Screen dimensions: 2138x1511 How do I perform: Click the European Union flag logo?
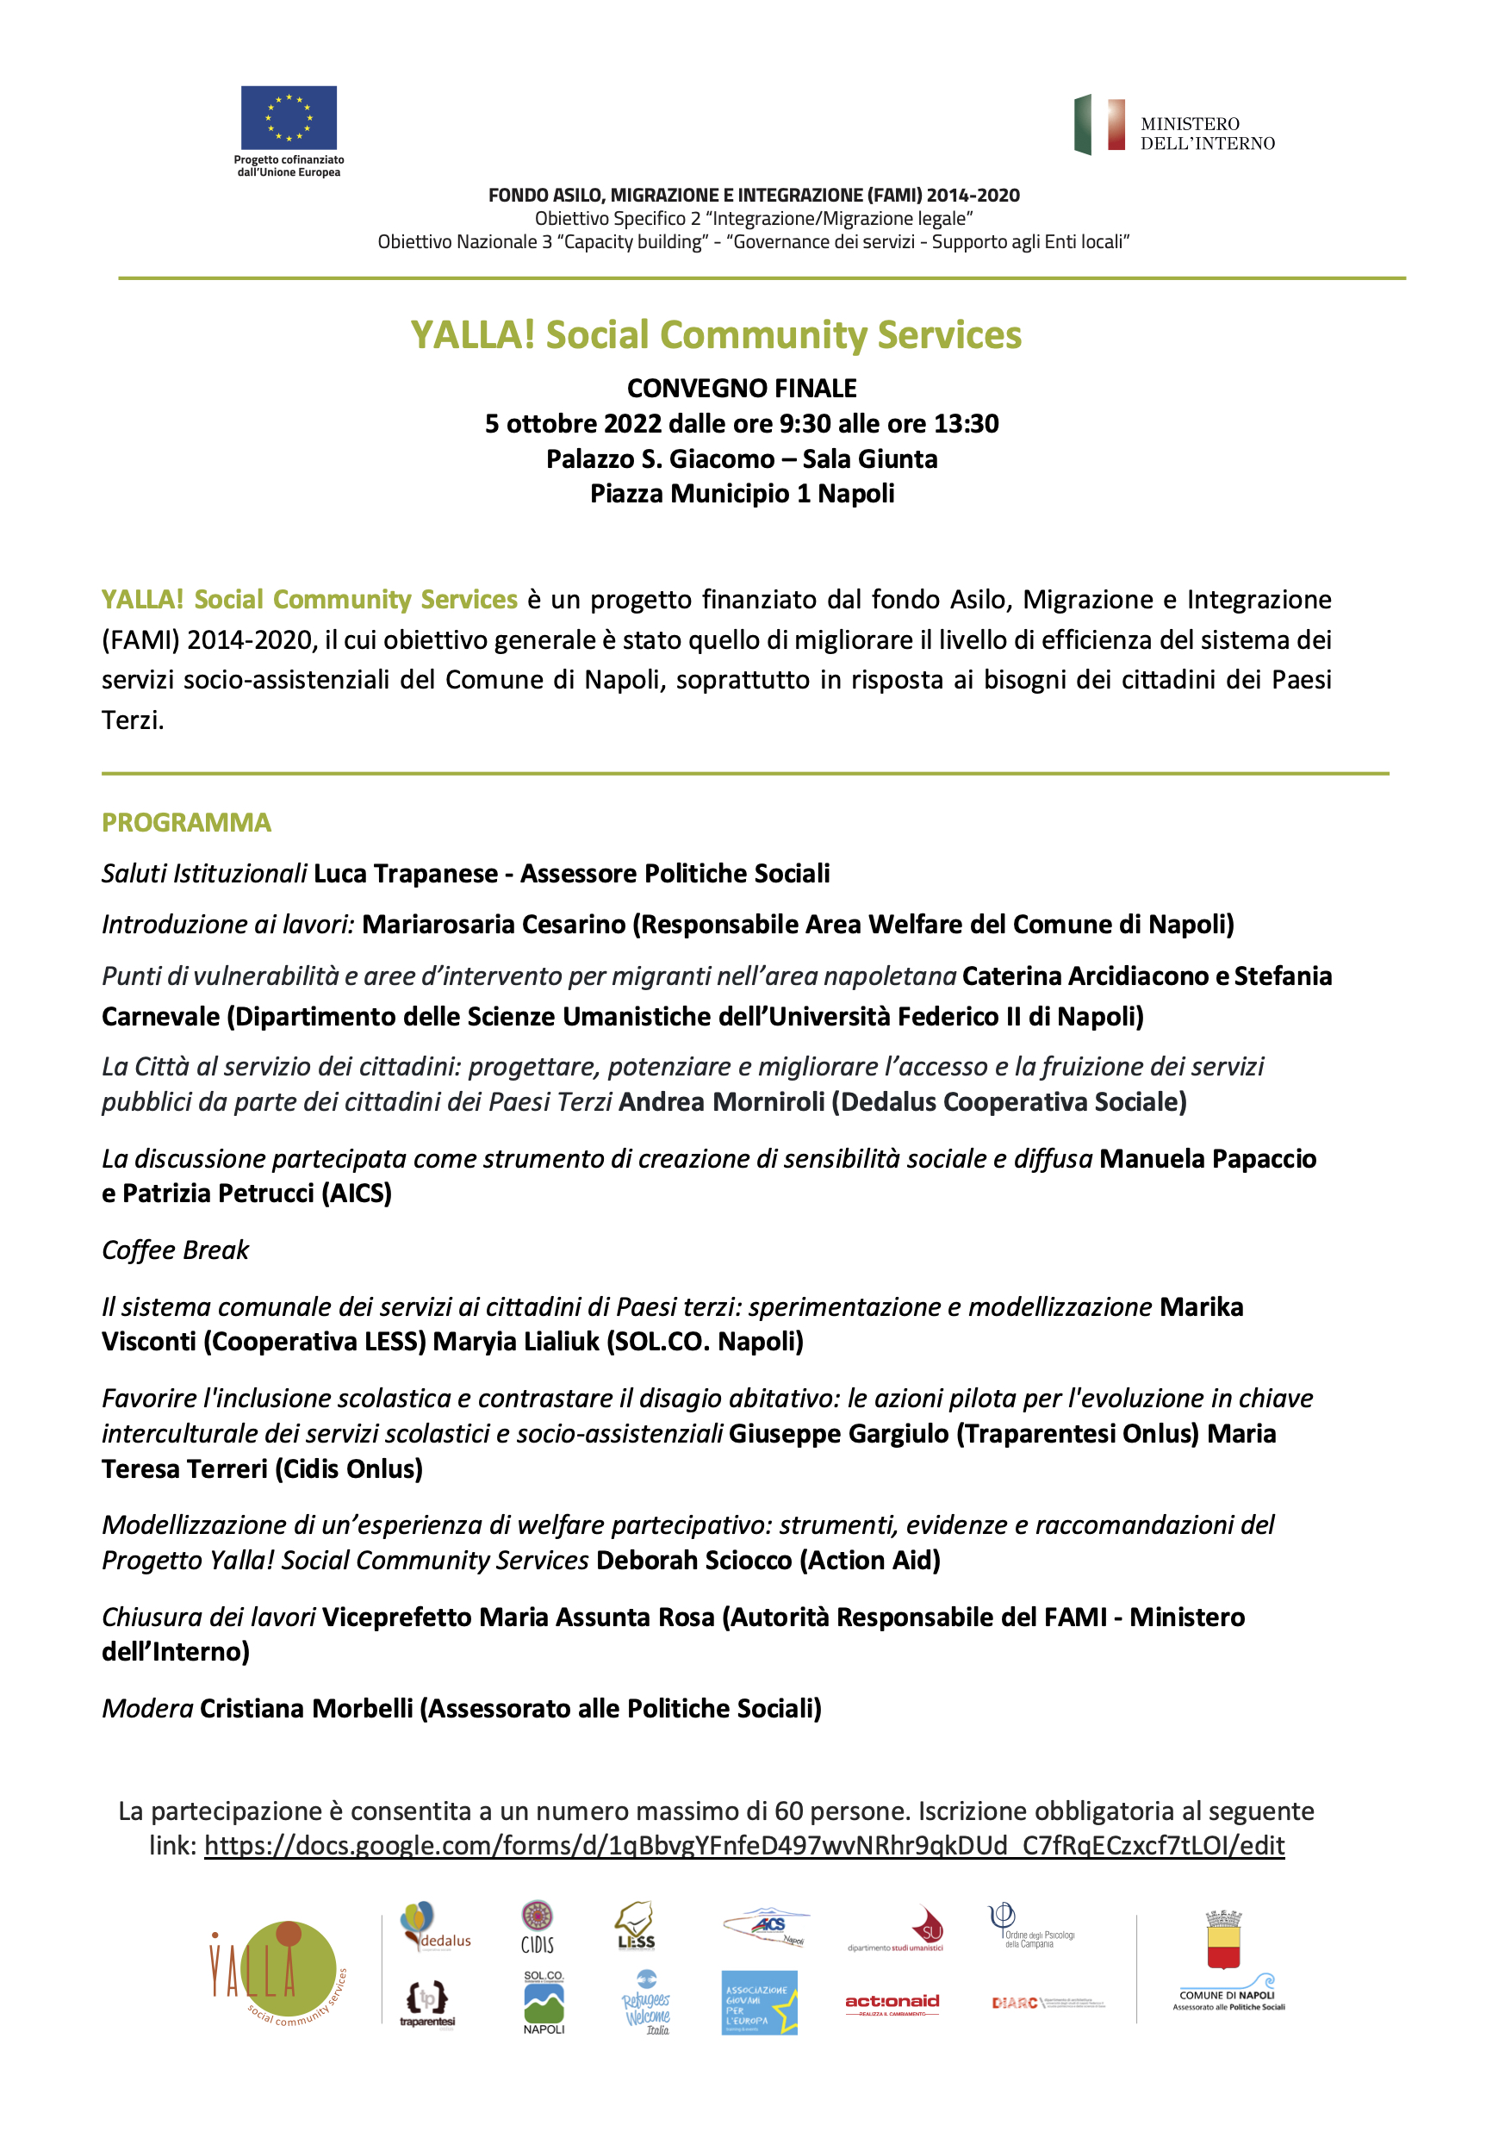point(289,117)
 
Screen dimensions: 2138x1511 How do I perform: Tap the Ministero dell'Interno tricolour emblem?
point(1099,125)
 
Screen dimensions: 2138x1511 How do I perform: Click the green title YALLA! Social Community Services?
point(716,335)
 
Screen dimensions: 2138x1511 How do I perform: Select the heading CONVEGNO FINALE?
point(742,389)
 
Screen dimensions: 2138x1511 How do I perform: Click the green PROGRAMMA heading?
point(186,822)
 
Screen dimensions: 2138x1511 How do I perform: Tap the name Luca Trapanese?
point(406,874)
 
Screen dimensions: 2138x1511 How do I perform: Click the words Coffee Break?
point(176,1250)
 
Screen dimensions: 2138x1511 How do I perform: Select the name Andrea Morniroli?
point(722,1101)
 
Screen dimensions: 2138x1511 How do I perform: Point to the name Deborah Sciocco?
point(693,1560)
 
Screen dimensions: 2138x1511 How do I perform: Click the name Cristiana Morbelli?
point(307,1708)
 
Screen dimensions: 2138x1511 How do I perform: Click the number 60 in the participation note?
point(788,1811)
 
